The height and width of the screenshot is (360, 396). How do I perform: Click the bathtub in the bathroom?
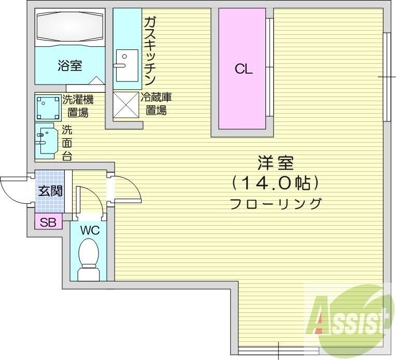[70, 27]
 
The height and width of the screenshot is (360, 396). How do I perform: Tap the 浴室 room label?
[70, 66]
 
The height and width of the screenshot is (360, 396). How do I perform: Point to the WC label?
[89, 229]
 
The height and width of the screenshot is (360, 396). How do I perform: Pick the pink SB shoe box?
[48, 223]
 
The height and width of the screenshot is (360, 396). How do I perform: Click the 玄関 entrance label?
[50, 190]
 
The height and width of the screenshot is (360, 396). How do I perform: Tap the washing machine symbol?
[48, 107]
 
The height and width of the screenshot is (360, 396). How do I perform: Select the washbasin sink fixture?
[46, 141]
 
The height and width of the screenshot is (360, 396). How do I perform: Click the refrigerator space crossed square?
[126, 106]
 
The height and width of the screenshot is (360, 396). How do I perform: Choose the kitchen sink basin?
[126, 65]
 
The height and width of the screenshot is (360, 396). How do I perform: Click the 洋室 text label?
[275, 163]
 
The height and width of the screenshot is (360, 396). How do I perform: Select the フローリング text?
[275, 203]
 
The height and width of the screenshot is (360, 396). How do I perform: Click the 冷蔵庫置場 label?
[155, 103]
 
